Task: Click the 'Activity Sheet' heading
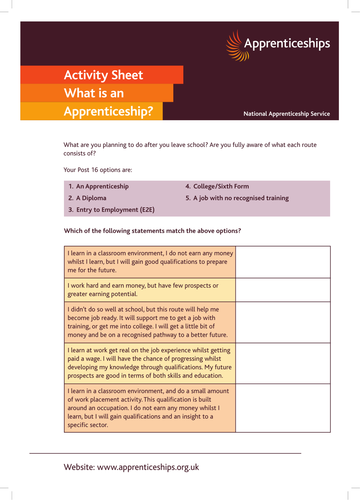pyautogui.click(x=105, y=75)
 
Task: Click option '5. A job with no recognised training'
pyautogui.click(x=237, y=198)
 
